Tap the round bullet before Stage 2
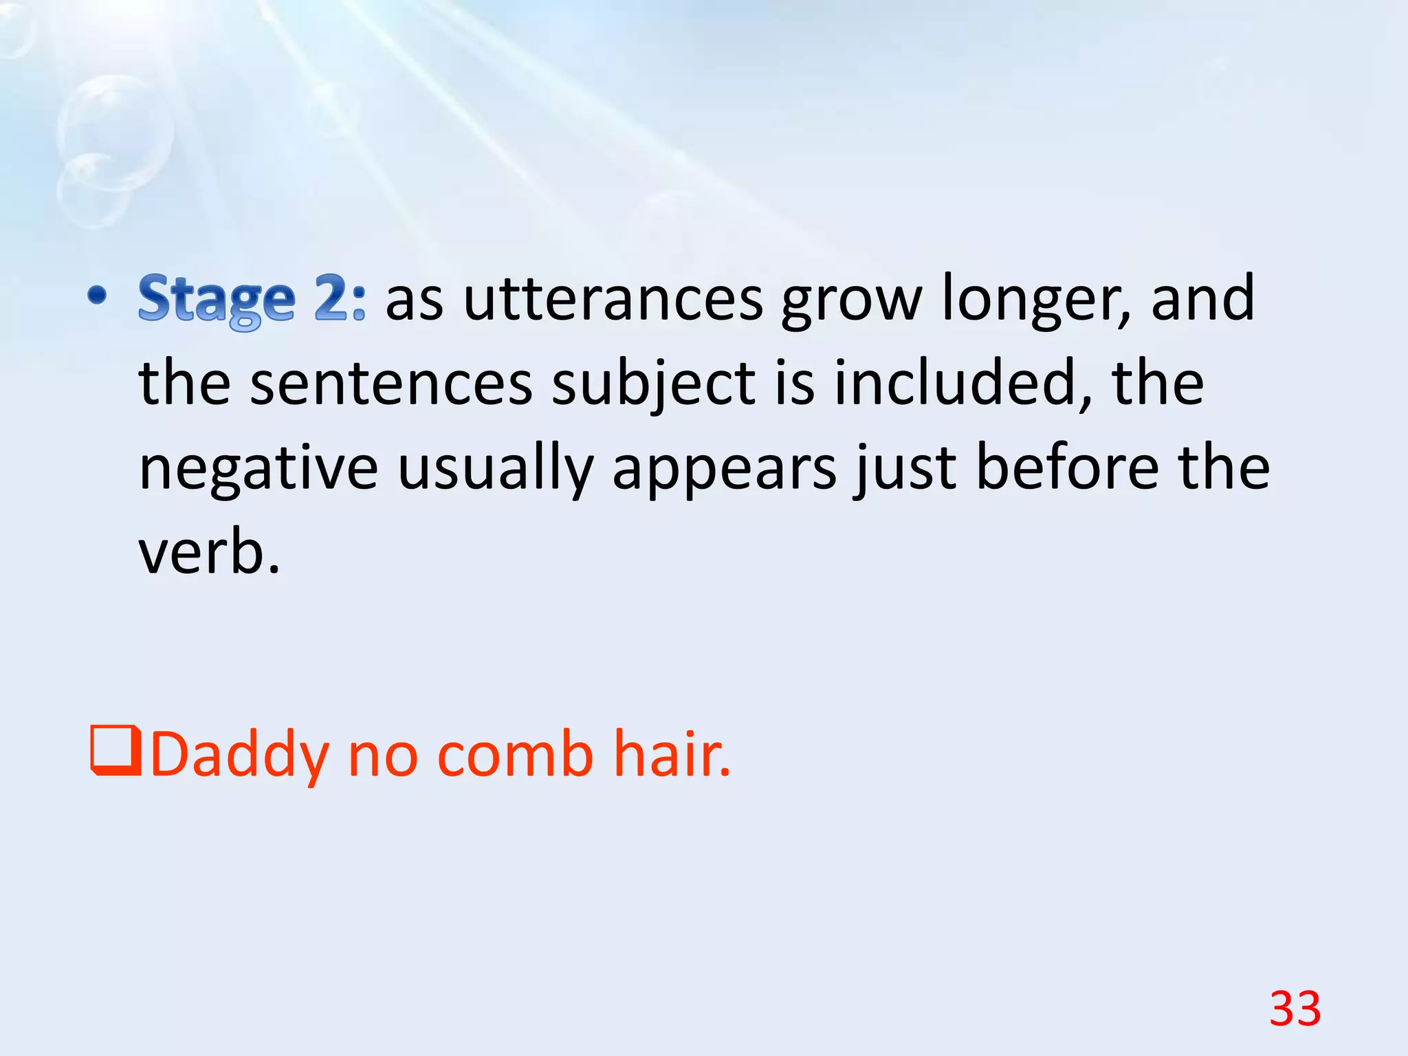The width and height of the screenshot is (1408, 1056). pyautogui.click(x=98, y=296)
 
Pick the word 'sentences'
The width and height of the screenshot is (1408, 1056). pyautogui.click(x=391, y=384)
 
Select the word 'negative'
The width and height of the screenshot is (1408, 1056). pyautogui.click(x=258, y=469)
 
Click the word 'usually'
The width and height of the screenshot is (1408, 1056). pyautogui.click(x=495, y=469)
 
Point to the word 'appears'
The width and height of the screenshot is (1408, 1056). pyautogui.click(x=725, y=469)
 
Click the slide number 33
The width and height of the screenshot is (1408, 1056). pyautogui.click(x=1295, y=1009)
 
